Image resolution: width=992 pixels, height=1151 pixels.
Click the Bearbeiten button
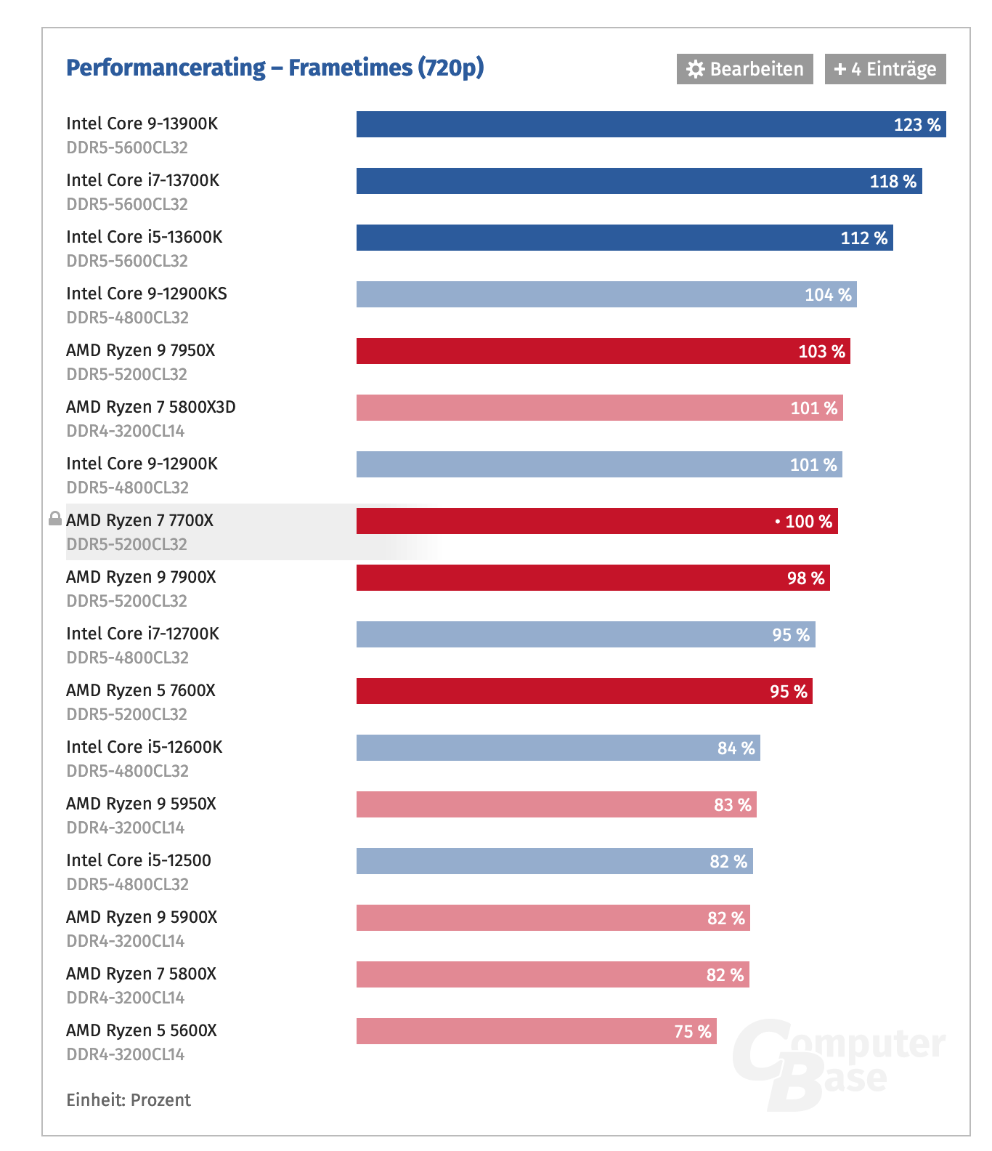744,69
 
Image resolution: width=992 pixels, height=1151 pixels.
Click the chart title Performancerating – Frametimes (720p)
275,68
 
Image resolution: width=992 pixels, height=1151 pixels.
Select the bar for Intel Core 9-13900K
651,124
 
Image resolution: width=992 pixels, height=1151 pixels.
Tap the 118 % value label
893,182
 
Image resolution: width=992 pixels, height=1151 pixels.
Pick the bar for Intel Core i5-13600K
625,238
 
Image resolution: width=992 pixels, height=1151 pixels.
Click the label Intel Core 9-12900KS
146,294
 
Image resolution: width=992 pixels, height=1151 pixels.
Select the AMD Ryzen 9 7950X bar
603,351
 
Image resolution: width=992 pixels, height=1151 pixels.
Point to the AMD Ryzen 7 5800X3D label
150,407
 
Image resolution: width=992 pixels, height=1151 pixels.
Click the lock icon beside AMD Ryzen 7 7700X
54,519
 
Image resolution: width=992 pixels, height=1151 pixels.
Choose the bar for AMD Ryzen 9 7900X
593,578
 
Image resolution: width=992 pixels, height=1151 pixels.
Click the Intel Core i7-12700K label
142,634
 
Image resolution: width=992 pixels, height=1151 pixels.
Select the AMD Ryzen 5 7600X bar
584,691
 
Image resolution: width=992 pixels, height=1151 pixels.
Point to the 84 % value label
736,748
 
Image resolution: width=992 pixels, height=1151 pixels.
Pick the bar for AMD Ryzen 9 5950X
556,804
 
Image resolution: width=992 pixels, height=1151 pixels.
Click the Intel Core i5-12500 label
138,860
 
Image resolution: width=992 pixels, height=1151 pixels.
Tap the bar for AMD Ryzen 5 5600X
536,1031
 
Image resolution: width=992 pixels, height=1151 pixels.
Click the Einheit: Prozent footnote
129,1100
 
